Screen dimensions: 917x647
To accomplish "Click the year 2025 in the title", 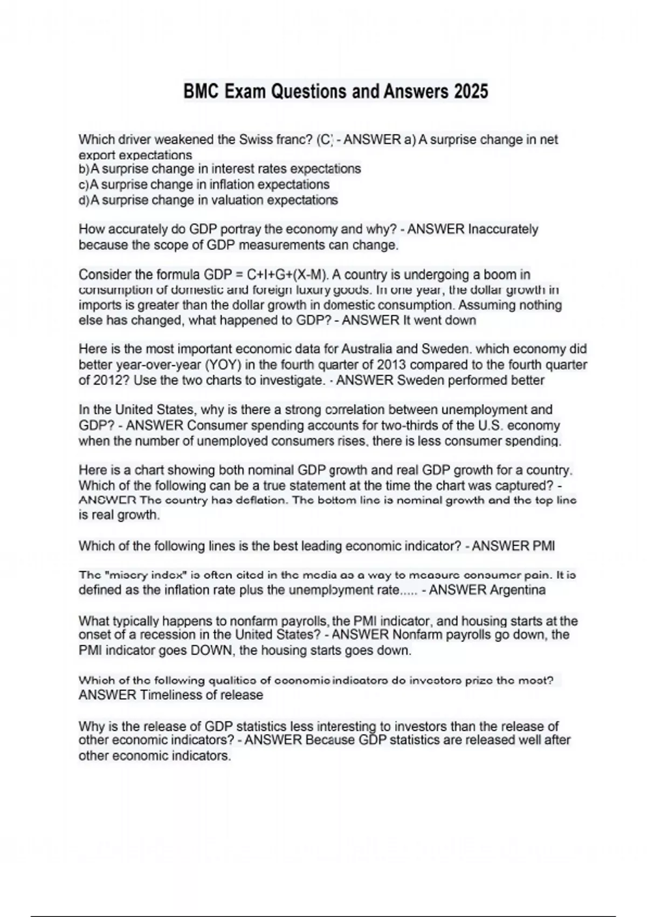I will click(471, 91).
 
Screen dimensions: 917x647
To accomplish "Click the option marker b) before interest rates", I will click(84, 169).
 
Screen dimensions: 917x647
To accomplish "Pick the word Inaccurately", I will click(503, 229).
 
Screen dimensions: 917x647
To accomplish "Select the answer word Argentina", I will click(517, 590).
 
